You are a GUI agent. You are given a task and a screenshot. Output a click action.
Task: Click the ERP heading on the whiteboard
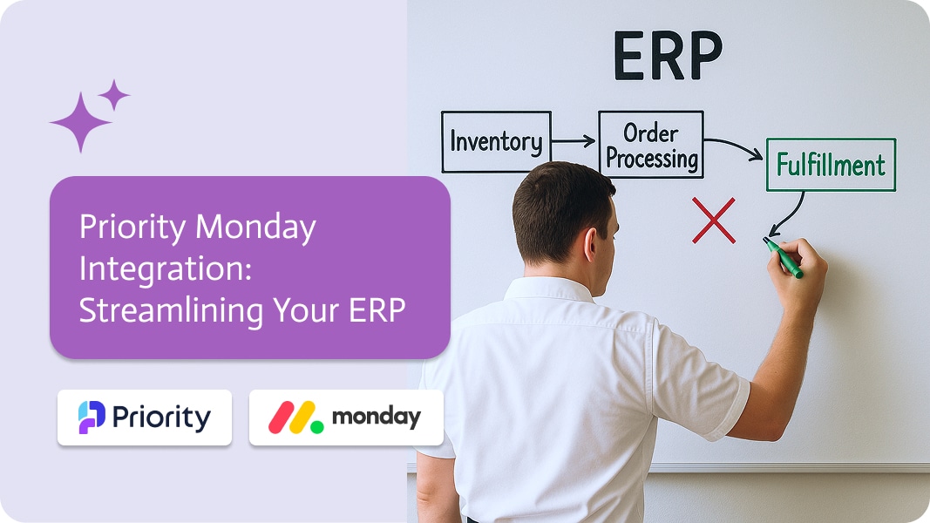(668, 55)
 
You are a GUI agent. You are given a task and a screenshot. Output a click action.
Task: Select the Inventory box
(496, 142)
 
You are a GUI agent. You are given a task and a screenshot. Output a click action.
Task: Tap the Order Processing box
(650, 144)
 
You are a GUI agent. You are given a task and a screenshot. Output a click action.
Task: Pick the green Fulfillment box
(831, 164)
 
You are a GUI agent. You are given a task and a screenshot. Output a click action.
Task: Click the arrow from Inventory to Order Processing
(573, 141)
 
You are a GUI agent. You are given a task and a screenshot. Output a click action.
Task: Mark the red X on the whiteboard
(714, 221)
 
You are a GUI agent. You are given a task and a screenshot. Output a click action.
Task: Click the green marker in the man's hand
(783, 258)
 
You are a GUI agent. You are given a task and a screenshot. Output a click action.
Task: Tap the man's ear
(591, 244)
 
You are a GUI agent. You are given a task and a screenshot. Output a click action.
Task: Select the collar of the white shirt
(548, 289)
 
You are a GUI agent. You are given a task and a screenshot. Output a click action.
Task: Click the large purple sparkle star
(80, 122)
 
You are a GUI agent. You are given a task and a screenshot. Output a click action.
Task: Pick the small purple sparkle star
(114, 95)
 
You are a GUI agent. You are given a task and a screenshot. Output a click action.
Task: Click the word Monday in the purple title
(255, 228)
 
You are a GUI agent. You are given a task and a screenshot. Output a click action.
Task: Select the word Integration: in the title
(166, 269)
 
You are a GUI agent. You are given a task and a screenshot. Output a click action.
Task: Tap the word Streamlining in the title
(172, 310)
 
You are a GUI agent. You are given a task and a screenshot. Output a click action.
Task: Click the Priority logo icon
(92, 417)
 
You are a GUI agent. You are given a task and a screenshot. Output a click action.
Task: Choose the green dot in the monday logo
(317, 426)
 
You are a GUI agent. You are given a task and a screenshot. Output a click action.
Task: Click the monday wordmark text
(376, 418)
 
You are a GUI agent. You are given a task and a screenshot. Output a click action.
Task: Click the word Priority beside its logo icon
(161, 418)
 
